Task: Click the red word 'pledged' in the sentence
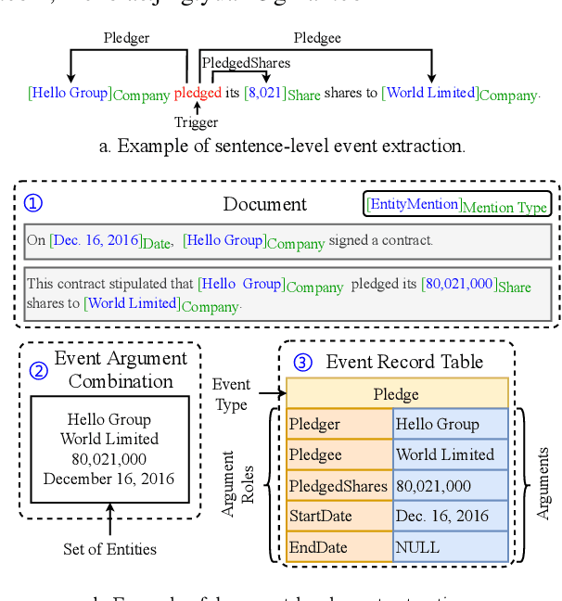click(x=198, y=93)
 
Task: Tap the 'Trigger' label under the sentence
click(x=197, y=121)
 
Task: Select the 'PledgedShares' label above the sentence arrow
click(x=246, y=63)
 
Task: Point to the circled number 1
click(x=33, y=203)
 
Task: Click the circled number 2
click(x=38, y=370)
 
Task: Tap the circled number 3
click(x=302, y=362)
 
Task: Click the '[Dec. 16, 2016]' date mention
click(x=96, y=240)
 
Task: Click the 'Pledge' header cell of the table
click(x=397, y=394)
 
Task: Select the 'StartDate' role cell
click(x=339, y=516)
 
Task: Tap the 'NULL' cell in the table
click(x=450, y=546)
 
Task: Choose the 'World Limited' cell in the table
click(x=450, y=454)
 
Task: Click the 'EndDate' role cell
click(x=339, y=546)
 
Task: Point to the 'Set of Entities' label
click(x=109, y=548)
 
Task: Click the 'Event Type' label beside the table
click(x=231, y=394)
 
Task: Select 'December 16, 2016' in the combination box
click(x=109, y=480)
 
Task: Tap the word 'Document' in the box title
click(x=265, y=204)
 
